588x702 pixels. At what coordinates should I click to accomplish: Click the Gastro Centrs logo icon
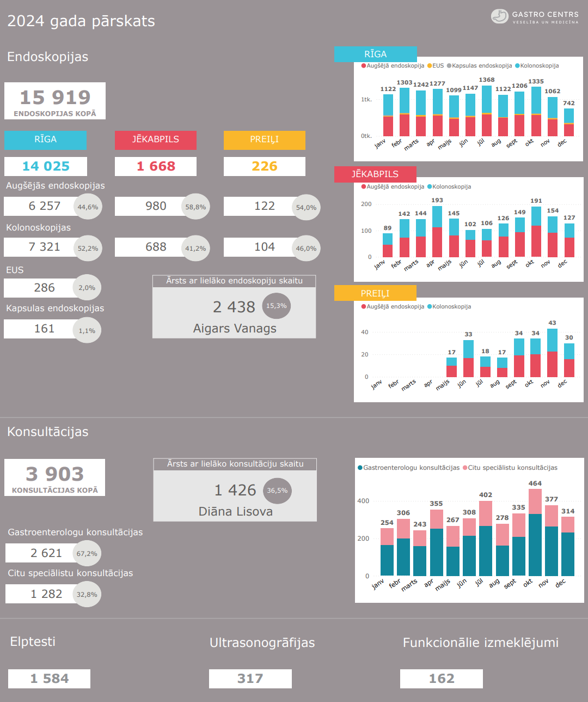[x=499, y=16]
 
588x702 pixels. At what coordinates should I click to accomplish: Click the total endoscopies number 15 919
[x=55, y=98]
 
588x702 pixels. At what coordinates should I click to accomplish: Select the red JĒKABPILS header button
[x=156, y=140]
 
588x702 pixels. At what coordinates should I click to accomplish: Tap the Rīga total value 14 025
[x=46, y=166]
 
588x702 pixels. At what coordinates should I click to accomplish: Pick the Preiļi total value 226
[x=265, y=166]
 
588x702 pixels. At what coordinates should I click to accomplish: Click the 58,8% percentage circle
[x=195, y=207]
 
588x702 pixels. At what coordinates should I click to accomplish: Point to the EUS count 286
[x=44, y=288]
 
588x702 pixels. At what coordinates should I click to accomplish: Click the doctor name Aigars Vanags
[x=235, y=329]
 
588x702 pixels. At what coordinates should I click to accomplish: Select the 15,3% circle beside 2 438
[x=277, y=306]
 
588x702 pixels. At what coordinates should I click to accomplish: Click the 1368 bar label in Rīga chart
[x=487, y=80]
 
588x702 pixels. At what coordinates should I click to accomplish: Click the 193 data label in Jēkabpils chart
[x=437, y=201]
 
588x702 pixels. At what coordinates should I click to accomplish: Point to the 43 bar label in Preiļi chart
[x=552, y=323]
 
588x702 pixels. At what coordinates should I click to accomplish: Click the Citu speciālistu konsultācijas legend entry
[x=510, y=468]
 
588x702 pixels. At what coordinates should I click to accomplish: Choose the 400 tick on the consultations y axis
[x=363, y=501]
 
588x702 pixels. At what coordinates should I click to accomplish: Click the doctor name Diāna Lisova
[x=236, y=512]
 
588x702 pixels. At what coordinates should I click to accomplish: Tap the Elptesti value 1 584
[x=50, y=679]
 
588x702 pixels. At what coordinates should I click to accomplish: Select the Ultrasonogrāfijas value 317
[x=250, y=679]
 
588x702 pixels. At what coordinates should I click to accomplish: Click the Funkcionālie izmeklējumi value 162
[x=442, y=679]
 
